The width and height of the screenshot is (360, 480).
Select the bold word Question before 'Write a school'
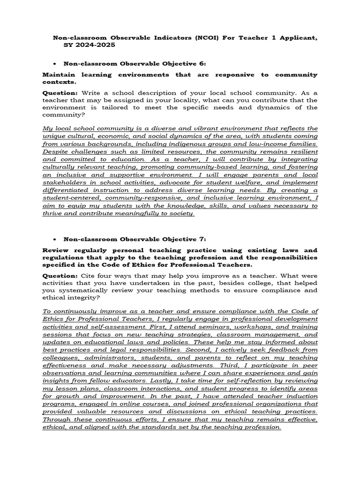[x=60, y=93]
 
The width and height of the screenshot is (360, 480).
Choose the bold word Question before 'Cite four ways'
[x=60, y=276]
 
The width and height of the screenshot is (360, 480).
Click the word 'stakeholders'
[x=64, y=183]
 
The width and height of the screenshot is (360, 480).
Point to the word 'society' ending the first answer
[x=180, y=214]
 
